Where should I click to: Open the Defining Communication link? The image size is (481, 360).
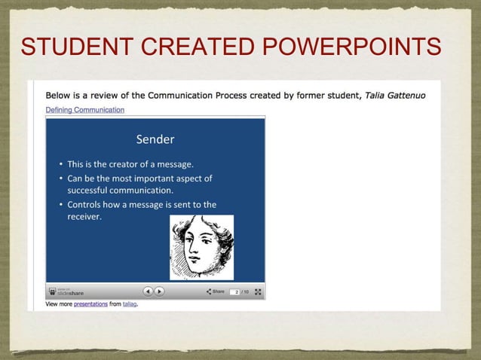click(x=84, y=110)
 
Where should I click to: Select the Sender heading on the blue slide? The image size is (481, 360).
click(x=155, y=139)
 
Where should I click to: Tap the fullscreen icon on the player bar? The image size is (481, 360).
click(x=259, y=291)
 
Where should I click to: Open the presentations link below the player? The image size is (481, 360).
click(x=91, y=305)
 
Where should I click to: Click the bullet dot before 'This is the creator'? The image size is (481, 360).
click(x=60, y=164)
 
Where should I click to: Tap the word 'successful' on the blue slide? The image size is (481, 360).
click(x=91, y=190)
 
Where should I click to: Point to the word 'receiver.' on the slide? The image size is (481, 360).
click(x=84, y=216)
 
